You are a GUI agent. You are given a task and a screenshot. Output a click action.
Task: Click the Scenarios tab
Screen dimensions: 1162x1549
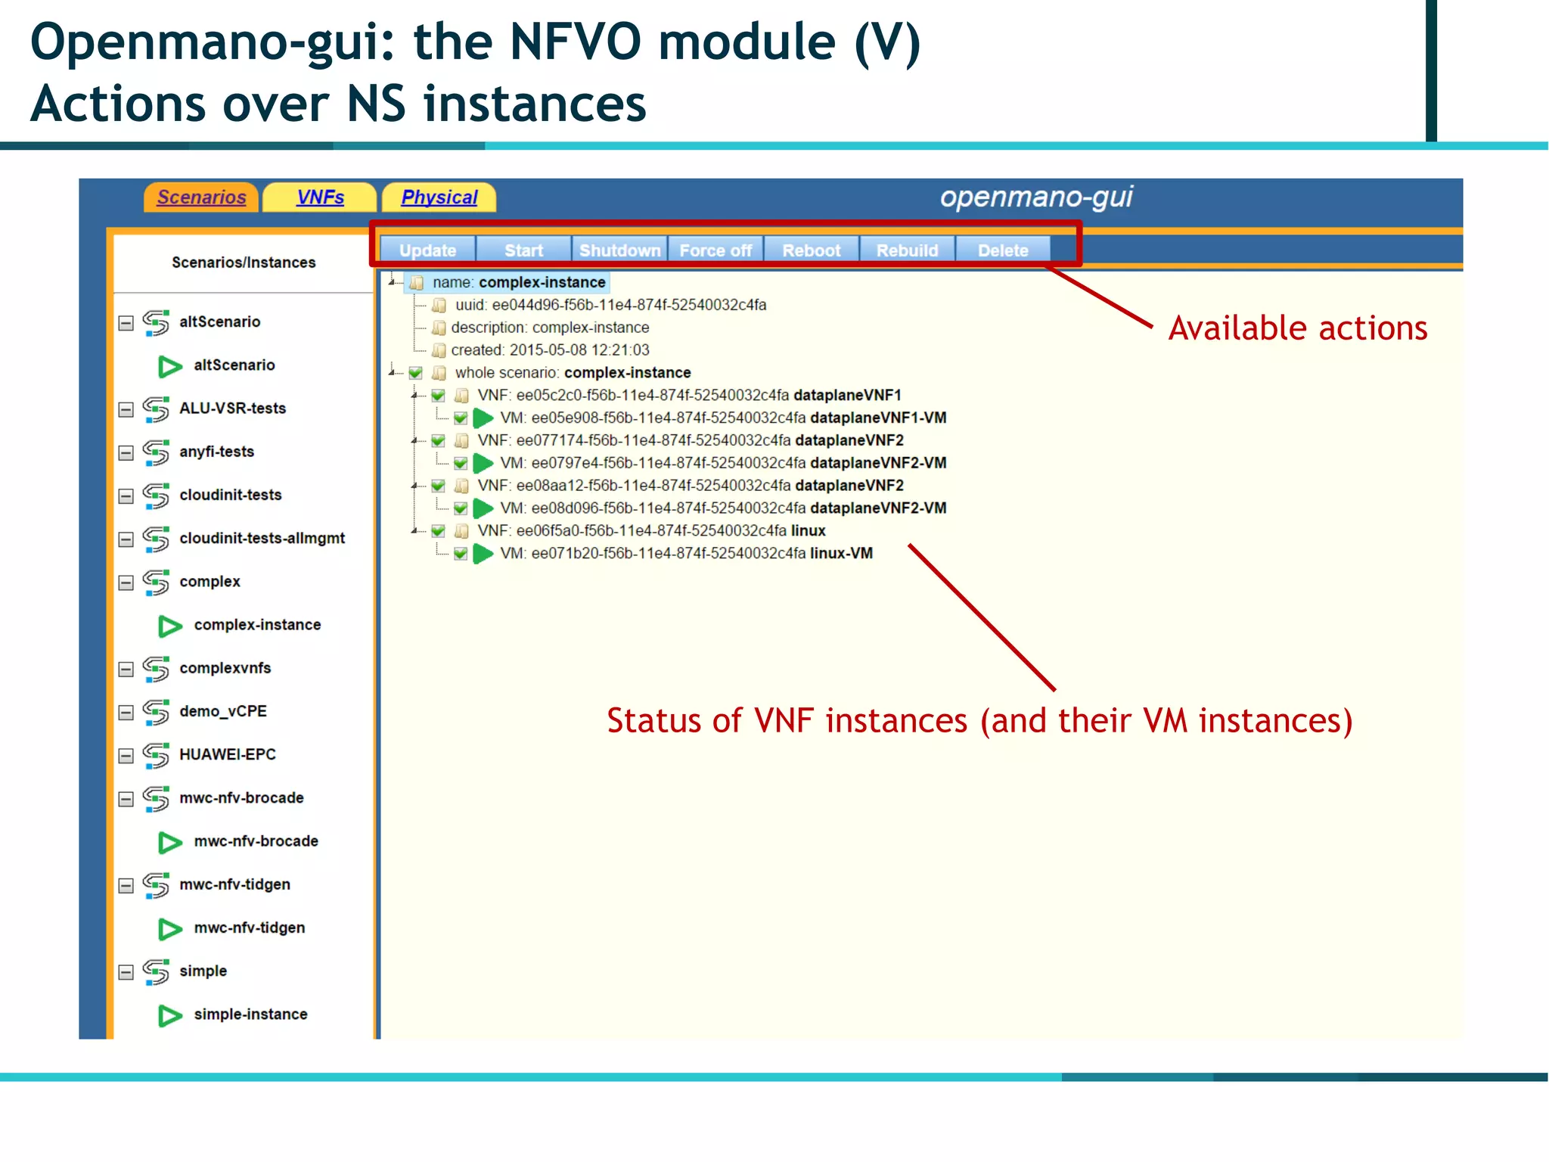tap(201, 197)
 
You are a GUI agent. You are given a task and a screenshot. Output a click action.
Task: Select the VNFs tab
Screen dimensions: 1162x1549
tap(320, 197)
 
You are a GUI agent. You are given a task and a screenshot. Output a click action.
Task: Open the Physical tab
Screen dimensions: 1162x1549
tap(439, 197)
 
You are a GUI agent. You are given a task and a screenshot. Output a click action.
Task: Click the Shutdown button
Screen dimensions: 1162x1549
tap(619, 250)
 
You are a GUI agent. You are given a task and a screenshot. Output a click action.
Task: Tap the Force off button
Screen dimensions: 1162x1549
tap(716, 250)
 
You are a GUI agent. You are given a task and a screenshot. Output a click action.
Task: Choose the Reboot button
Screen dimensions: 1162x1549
tap(811, 250)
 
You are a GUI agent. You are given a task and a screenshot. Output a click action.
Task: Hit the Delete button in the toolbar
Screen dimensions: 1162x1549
tap(1003, 250)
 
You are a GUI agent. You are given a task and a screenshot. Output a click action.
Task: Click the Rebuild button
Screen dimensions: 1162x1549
tap(907, 250)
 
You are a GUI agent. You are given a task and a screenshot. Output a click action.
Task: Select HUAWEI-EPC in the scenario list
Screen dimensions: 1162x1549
tap(227, 754)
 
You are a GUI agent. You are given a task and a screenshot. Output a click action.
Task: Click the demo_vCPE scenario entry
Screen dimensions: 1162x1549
tap(222, 711)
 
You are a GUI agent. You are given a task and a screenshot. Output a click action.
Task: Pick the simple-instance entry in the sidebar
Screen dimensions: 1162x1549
tap(250, 1014)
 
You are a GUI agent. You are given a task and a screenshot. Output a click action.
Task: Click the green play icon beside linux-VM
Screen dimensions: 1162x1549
tap(483, 554)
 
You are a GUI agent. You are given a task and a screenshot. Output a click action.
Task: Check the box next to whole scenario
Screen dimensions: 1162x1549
tap(415, 373)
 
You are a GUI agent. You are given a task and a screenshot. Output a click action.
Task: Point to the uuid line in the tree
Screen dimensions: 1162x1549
tap(610, 305)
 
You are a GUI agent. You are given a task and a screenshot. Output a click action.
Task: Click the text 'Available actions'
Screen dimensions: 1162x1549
tap(1297, 328)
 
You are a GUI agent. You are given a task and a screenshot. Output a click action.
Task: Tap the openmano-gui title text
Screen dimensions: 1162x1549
tap(1035, 197)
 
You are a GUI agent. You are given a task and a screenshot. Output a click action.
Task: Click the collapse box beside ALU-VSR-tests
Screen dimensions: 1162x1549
tap(126, 409)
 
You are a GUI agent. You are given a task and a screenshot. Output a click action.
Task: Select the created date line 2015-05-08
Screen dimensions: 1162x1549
tap(550, 350)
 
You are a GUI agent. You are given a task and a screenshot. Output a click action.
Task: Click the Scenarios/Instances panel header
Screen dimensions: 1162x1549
tap(244, 263)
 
